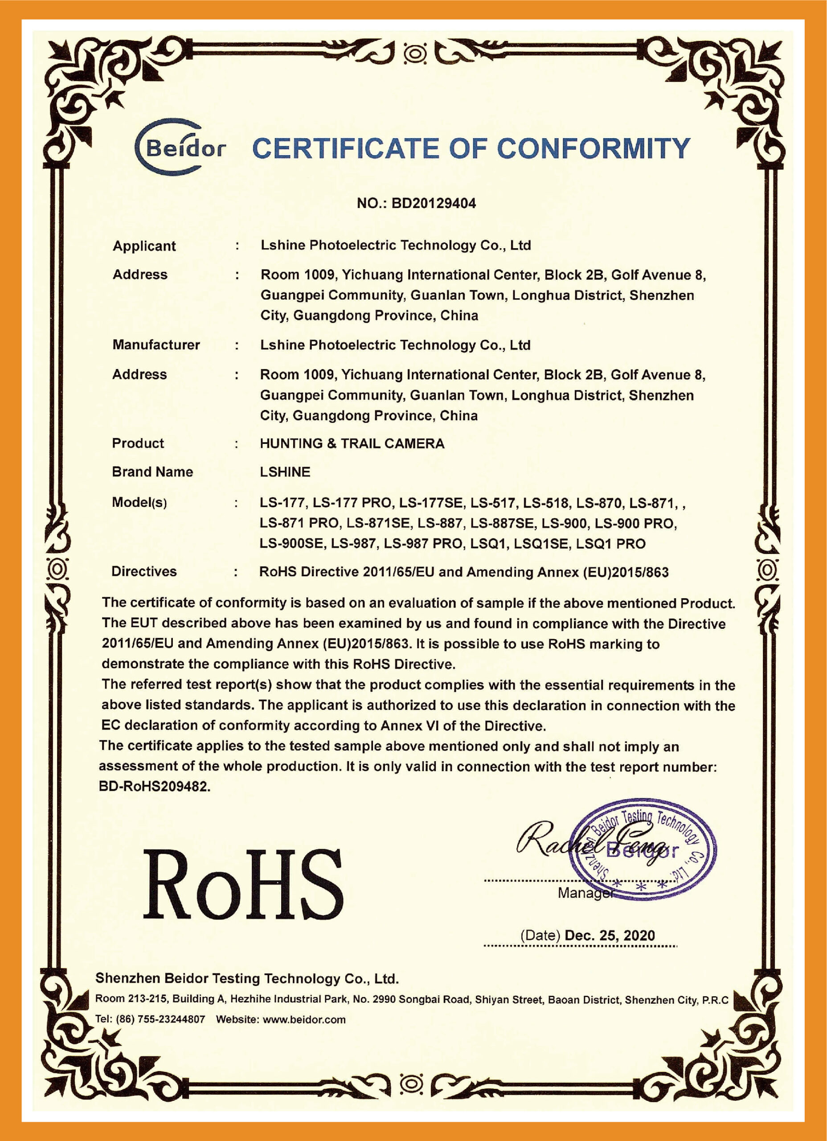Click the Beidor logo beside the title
pyautogui.click(x=180, y=148)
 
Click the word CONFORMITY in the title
pyautogui.click(x=593, y=148)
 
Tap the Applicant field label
pyautogui.click(x=144, y=246)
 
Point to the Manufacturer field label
pyautogui.click(x=156, y=345)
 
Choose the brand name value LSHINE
pyautogui.click(x=285, y=472)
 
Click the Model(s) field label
pyautogui.click(x=139, y=502)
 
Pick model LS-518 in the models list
pyautogui.click(x=546, y=503)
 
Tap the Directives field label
pyautogui.click(x=144, y=571)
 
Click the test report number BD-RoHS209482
pyautogui.click(x=154, y=786)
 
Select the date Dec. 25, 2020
pyautogui.click(x=610, y=935)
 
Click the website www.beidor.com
pyautogui.click(x=304, y=1020)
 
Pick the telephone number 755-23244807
pyautogui.click(x=171, y=1020)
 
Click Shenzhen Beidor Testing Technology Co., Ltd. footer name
pyautogui.click(x=246, y=978)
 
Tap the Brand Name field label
pyautogui.click(x=152, y=472)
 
